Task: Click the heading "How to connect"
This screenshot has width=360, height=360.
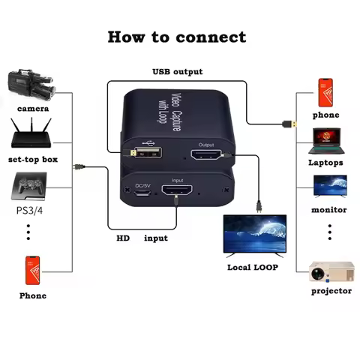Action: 177,37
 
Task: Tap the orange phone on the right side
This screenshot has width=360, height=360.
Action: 325,91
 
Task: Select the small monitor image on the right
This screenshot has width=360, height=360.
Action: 329,186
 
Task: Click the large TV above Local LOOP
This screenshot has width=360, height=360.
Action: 256,235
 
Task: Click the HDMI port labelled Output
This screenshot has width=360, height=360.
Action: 205,155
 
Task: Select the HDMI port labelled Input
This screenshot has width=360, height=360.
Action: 178,191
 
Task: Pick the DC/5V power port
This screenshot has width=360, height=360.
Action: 141,193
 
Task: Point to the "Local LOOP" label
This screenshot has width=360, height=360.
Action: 254,267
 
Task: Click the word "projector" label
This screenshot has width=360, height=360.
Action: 331,291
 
